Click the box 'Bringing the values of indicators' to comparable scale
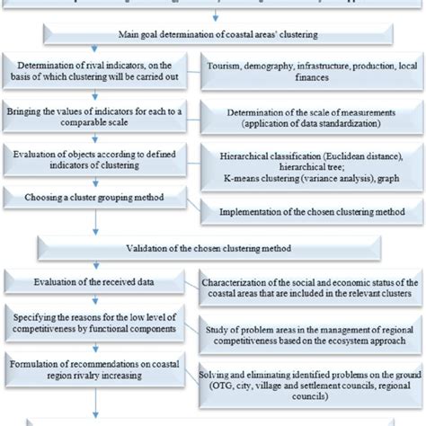tap(99, 117)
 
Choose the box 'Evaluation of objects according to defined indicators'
tap(99, 159)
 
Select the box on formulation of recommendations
tap(99, 366)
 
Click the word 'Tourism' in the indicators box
tap(226, 67)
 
